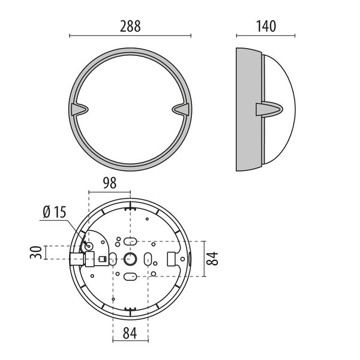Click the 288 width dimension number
tap(130, 26)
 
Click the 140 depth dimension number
tap(266, 26)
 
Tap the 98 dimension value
tap(110, 183)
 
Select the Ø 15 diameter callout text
tap(55, 212)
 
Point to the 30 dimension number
tap(36, 253)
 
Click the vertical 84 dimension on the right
tap(212, 259)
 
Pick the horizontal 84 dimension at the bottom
tap(130, 333)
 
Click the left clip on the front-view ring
tap(79, 109)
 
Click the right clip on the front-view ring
tap(181, 109)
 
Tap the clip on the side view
tap(269, 109)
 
